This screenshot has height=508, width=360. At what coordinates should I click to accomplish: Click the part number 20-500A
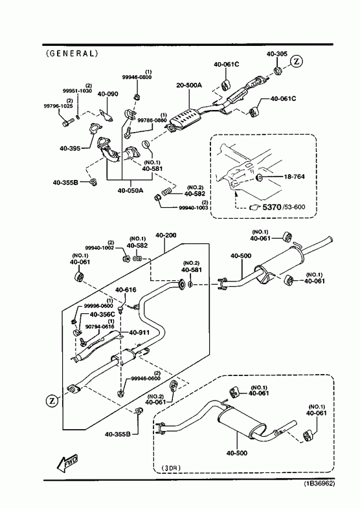189,85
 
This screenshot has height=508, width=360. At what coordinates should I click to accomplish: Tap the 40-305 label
277,54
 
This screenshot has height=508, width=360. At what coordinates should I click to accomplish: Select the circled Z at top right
296,61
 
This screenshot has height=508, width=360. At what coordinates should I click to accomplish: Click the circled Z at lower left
52,401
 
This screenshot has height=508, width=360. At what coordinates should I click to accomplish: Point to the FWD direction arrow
67,463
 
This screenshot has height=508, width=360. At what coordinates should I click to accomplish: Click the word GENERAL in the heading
72,53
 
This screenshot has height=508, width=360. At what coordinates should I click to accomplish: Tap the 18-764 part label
294,177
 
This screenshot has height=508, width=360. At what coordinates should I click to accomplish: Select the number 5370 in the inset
271,206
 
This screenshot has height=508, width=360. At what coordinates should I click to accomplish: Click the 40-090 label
108,94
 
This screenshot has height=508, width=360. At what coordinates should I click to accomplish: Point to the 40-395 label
70,149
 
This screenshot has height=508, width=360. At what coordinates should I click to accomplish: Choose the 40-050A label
130,190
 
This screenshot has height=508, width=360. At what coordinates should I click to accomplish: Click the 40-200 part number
166,235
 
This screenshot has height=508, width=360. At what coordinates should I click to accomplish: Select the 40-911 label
139,333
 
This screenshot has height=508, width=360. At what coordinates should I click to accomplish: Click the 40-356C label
102,315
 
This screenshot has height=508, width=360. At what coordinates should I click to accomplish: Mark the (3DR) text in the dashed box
171,467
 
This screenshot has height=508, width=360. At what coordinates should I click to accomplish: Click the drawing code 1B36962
319,483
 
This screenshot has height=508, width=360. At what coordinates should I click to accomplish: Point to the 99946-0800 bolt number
137,77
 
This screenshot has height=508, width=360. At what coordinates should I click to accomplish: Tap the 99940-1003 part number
194,208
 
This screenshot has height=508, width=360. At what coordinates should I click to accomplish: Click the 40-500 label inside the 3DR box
236,453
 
